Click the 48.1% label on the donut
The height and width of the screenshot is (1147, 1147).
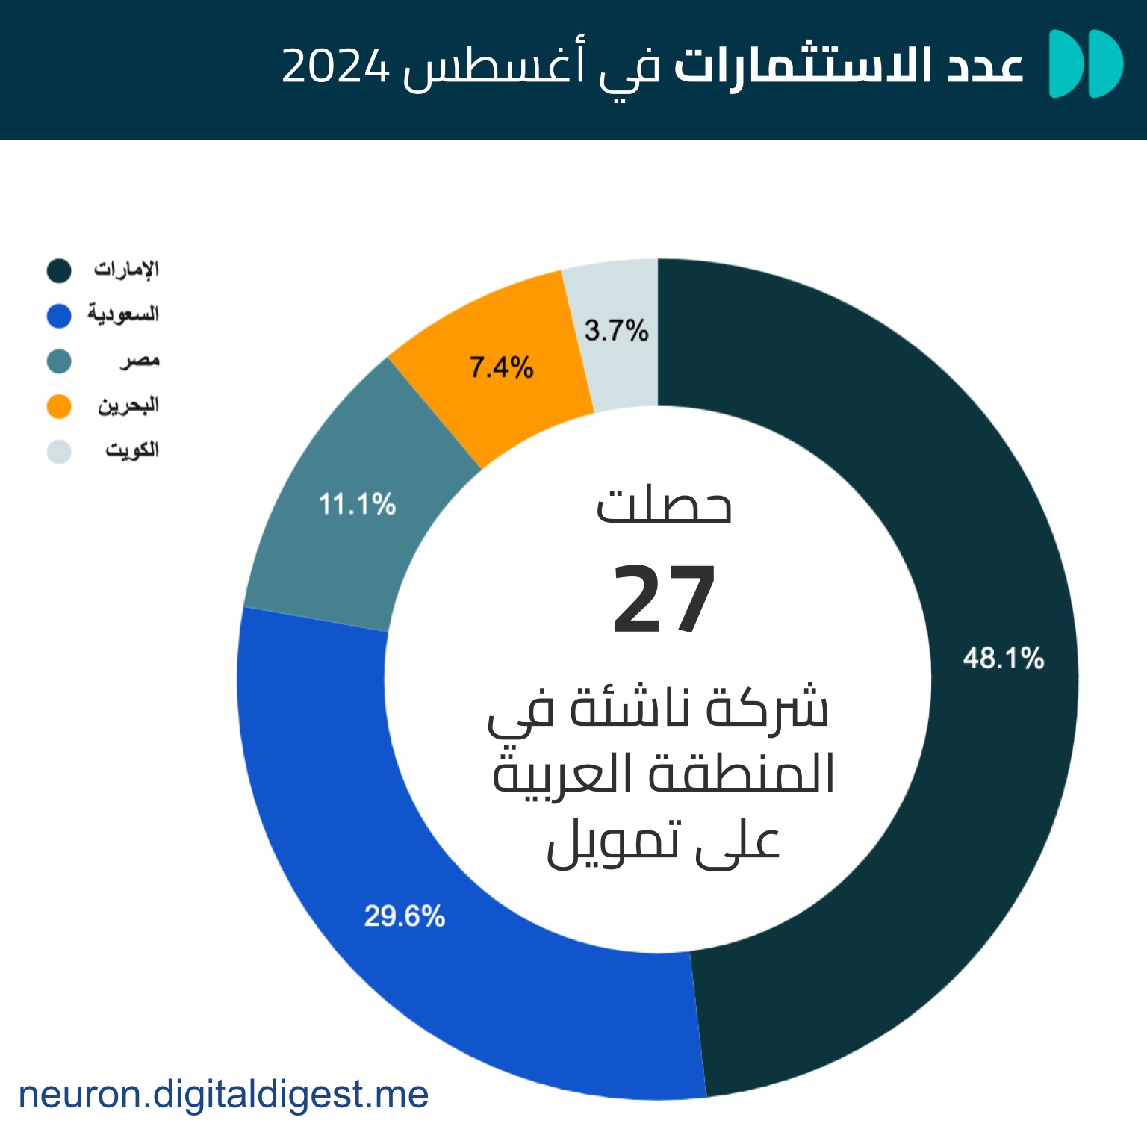click(1003, 658)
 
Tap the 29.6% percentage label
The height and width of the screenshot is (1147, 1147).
click(404, 916)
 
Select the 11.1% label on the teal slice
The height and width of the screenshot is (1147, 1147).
click(357, 504)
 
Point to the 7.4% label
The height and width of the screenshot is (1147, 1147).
click(501, 367)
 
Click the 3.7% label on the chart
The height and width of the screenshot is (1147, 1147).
click(616, 329)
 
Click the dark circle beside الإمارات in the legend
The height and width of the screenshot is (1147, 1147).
click(59, 270)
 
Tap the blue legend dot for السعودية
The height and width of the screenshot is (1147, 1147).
click(59, 316)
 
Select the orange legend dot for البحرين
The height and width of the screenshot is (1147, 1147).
click(59, 406)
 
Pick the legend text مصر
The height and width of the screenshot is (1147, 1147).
click(140, 361)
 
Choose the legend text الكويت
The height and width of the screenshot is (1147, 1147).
click(132, 450)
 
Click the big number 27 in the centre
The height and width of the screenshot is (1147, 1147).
click(664, 600)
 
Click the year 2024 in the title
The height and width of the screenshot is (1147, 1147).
click(336, 66)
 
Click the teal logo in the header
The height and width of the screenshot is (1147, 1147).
click(1086, 63)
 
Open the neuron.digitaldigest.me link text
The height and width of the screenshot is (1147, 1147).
click(223, 1095)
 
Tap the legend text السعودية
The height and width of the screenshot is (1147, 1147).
click(123, 314)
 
